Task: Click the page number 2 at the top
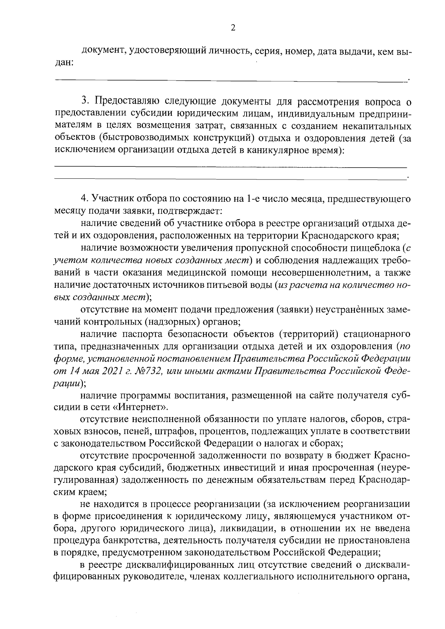pyautogui.click(x=233, y=27)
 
